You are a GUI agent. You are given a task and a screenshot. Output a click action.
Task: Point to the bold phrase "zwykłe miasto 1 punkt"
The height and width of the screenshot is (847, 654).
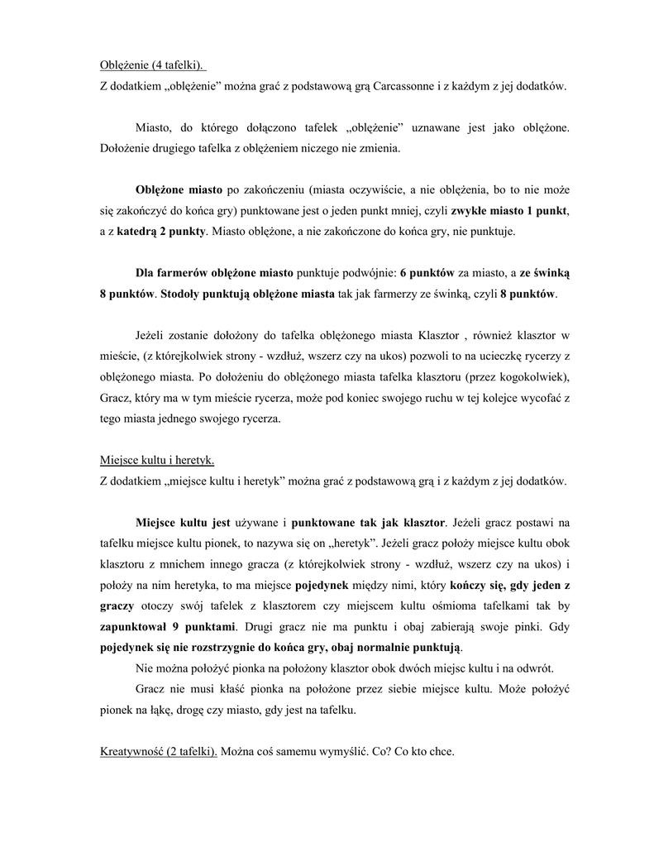[508, 211]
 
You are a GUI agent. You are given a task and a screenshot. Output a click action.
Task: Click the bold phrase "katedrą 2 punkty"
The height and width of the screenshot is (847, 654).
[161, 232]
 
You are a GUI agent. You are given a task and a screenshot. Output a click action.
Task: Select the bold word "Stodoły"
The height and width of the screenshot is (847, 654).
[184, 294]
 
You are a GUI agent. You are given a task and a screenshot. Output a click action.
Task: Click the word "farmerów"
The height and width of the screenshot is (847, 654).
[184, 273]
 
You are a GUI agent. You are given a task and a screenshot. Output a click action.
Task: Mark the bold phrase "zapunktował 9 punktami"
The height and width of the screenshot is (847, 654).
[169, 625]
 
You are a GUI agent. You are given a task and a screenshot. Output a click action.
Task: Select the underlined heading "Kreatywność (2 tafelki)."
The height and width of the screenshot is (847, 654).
[159, 752]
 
